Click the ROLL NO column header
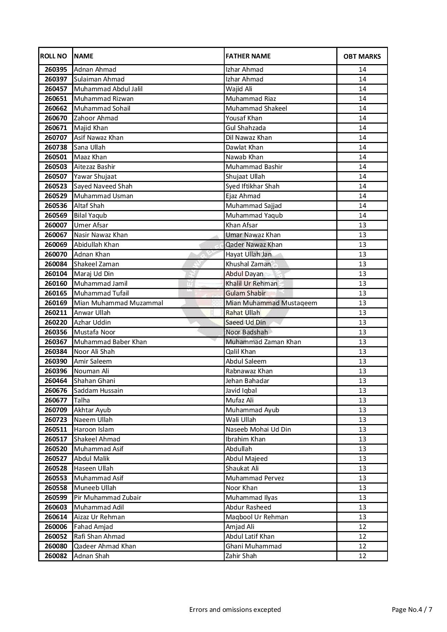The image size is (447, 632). click(x=53, y=56)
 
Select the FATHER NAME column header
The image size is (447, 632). click(x=248, y=56)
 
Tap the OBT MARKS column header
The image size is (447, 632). click(x=362, y=57)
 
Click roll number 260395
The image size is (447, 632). click(x=56, y=70)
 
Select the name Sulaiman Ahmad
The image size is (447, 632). click(x=99, y=79)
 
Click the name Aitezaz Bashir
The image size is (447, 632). click(x=94, y=167)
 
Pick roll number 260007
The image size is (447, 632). click(x=56, y=225)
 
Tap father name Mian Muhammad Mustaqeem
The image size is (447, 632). click(x=271, y=303)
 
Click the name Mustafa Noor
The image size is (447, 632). click(x=94, y=332)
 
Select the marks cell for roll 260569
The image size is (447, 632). click(x=362, y=215)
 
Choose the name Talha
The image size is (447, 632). click(x=82, y=400)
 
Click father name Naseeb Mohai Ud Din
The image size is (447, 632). click(x=258, y=430)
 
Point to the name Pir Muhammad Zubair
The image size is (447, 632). click(x=107, y=498)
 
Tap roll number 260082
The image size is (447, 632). click(x=56, y=556)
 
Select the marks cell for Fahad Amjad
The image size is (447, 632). click(x=362, y=527)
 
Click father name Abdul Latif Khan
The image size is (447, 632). click(x=250, y=537)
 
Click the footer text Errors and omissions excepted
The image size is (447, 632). click(x=235, y=610)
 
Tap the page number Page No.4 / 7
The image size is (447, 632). click(x=412, y=610)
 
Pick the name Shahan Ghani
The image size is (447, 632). click(x=94, y=381)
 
